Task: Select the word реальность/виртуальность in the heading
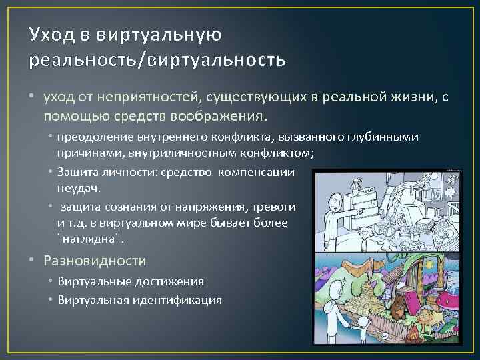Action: pyautogui.click(x=157, y=60)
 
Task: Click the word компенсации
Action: pyautogui.click(x=261, y=172)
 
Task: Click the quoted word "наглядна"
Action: pyautogui.click(x=81, y=238)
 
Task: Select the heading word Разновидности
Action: pyautogui.click(x=95, y=261)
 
